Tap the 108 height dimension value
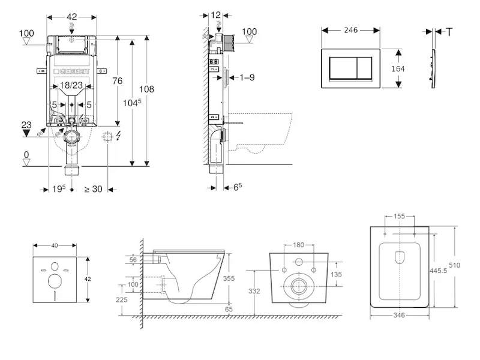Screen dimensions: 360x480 click(146, 89)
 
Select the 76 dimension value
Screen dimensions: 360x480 click(118, 81)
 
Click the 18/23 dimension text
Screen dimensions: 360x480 click(71, 86)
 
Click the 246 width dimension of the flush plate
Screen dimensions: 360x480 click(350, 29)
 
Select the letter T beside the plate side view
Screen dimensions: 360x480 click(449, 31)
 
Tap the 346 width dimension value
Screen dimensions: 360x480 click(400, 314)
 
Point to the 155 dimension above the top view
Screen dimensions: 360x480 click(400, 217)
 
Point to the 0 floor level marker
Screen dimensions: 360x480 click(26, 155)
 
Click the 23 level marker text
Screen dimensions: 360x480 click(26, 125)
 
